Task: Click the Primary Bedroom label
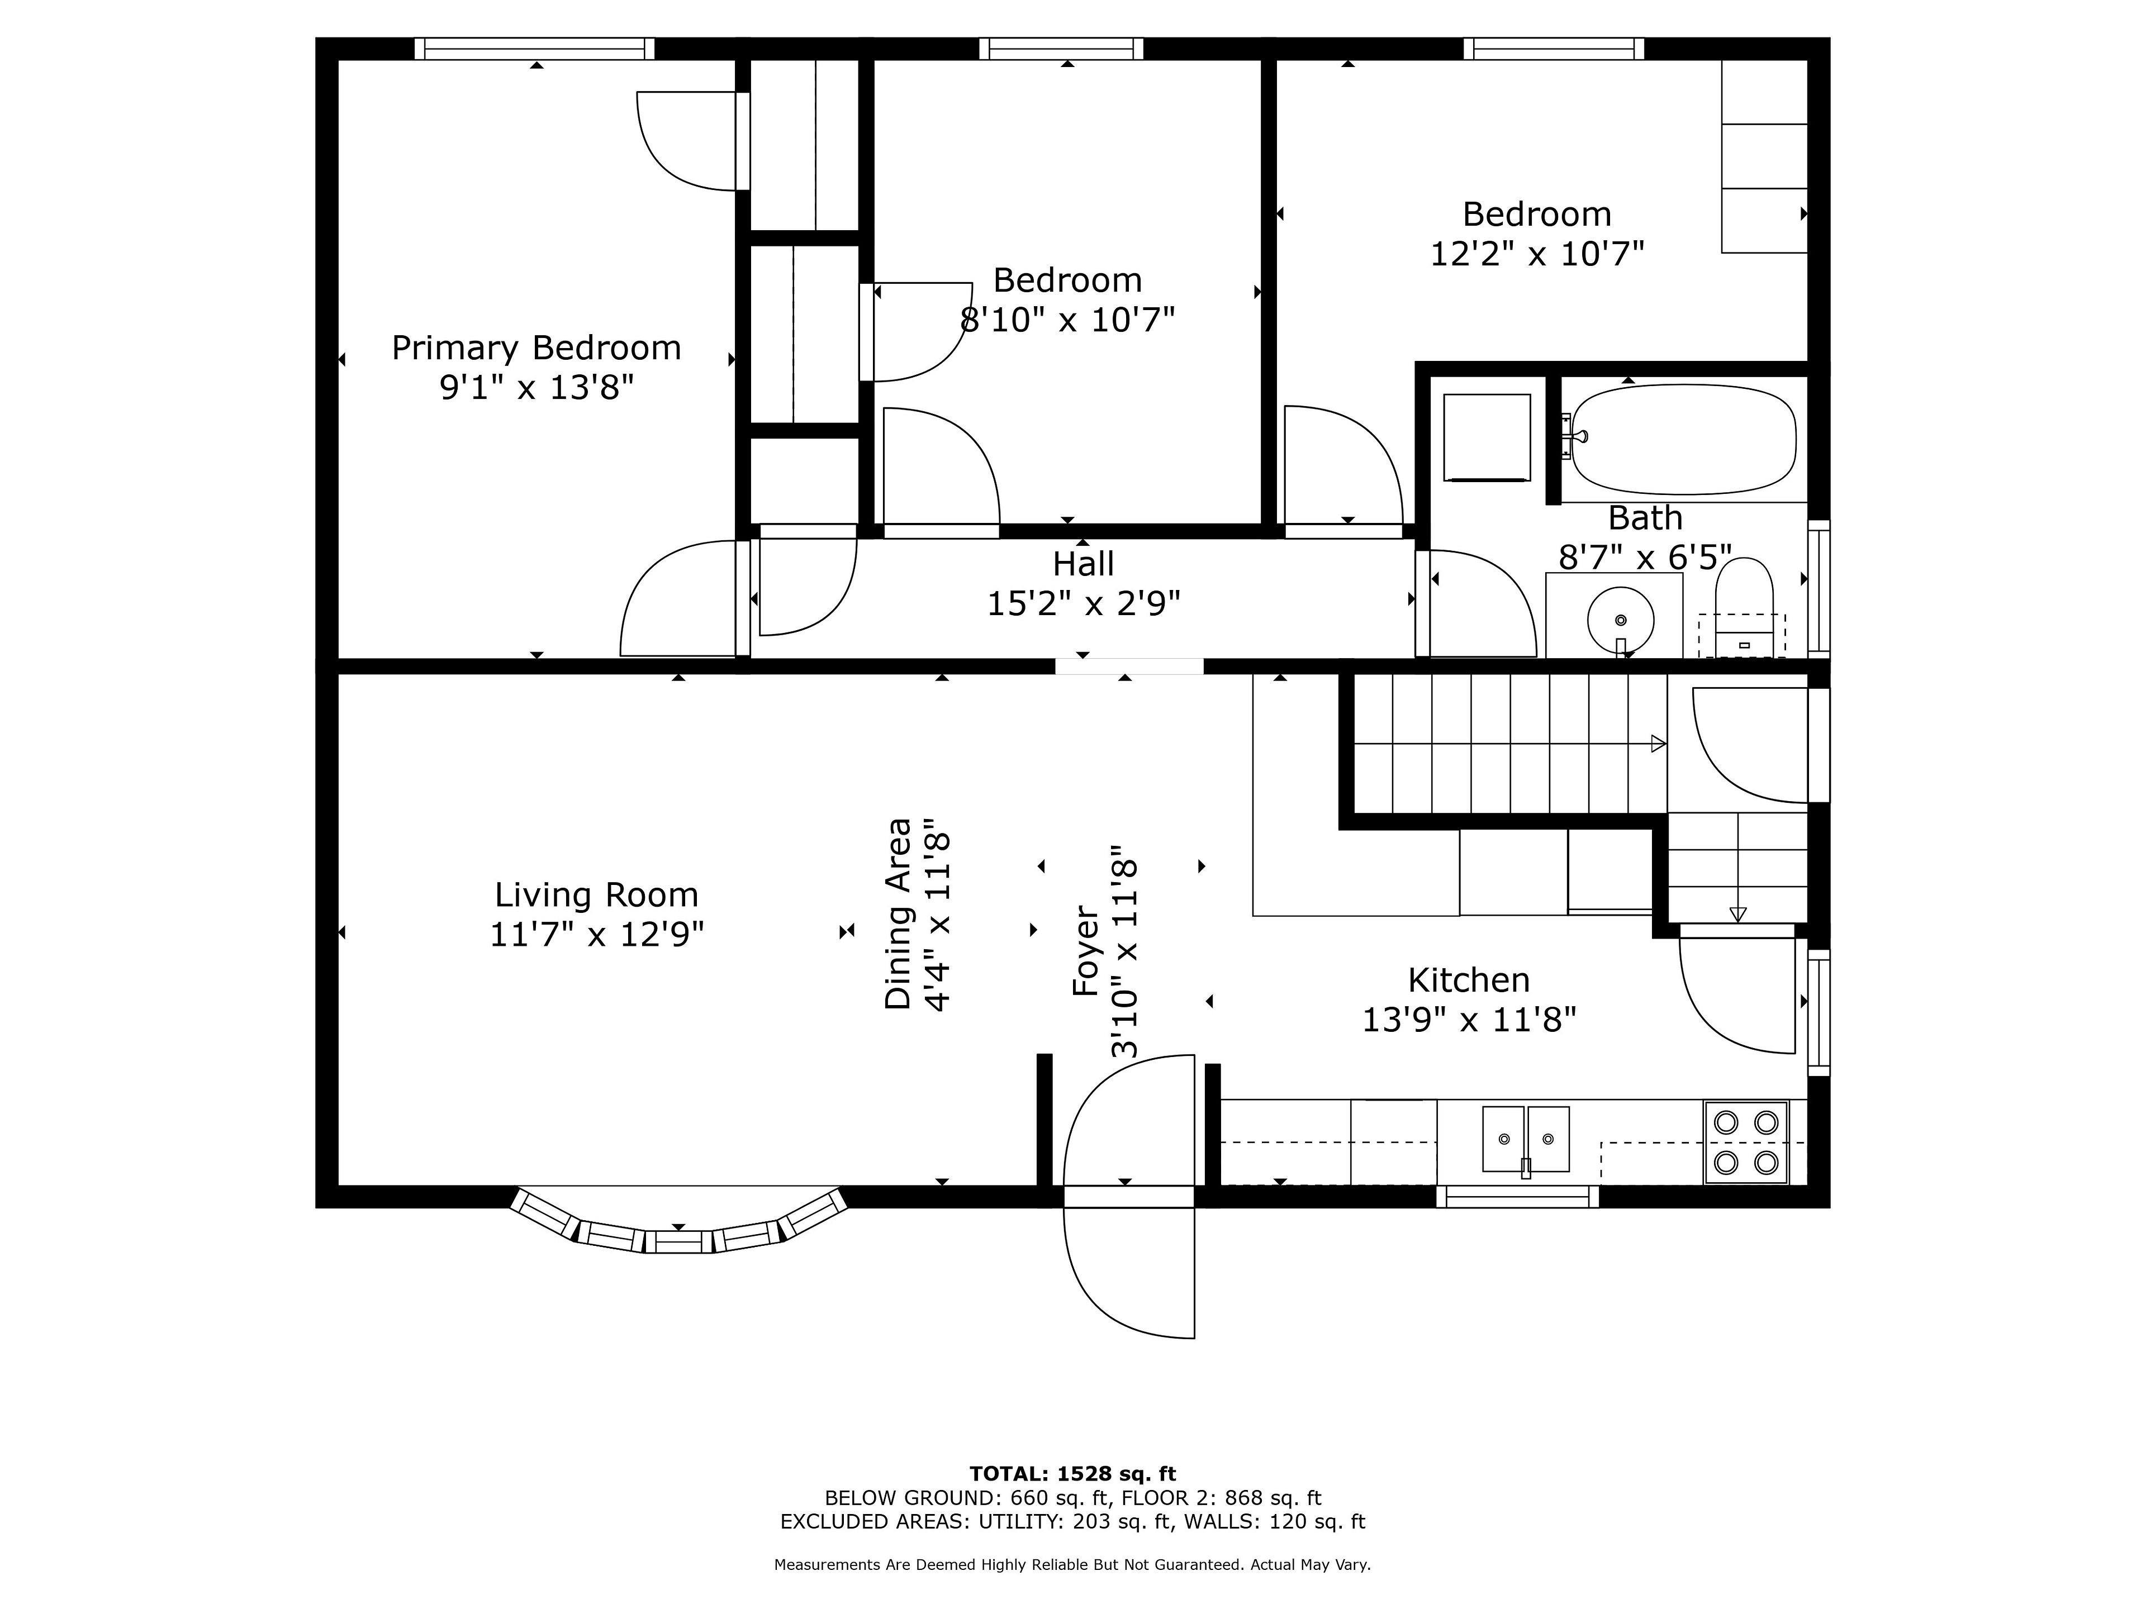point(536,347)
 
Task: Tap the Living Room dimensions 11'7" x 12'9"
point(597,935)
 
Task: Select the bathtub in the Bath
point(1683,439)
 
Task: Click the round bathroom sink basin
point(1620,619)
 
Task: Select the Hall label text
point(1084,564)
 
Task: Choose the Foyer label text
point(1086,951)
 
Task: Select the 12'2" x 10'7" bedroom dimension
point(1538,254)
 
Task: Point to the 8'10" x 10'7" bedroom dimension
point(1068,319)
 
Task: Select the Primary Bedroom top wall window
point(535,49)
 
